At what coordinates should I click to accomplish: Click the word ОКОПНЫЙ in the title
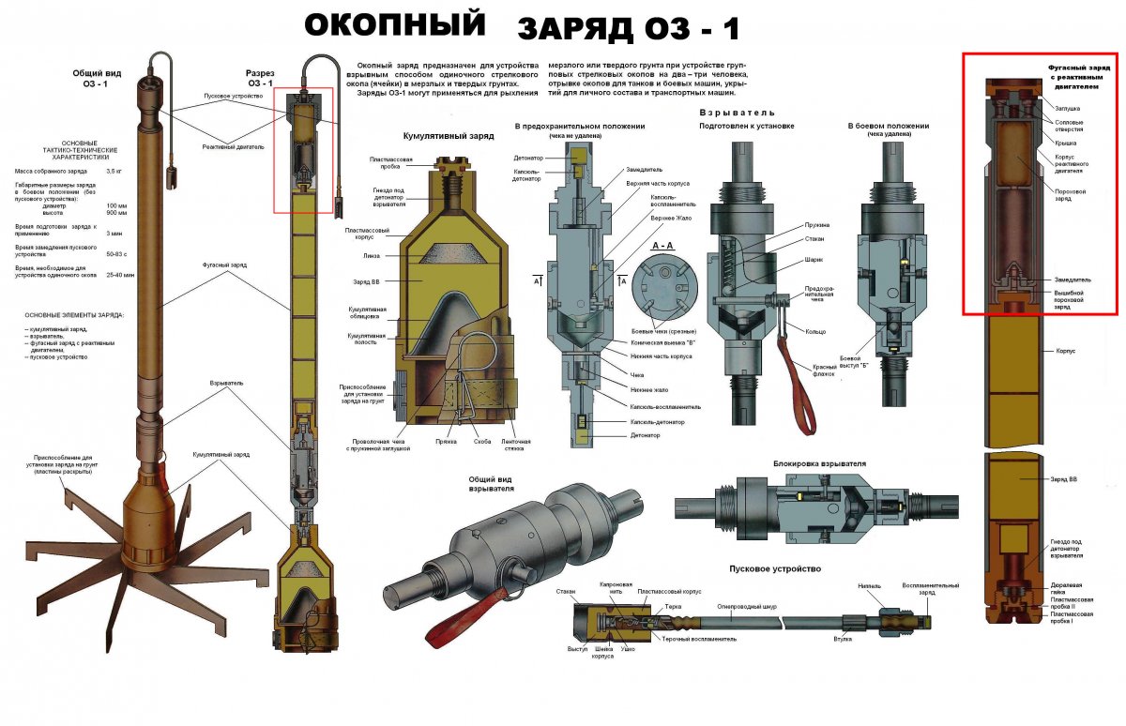pyautogui.click(x=395, y=26)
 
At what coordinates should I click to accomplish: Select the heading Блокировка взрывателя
pyautogui.click(x=819, y=463)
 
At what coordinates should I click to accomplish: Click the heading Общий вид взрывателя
pyautogui.click(x=491, y=484)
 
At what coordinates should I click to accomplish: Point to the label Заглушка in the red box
pyautogui.click(x=1068, y=109)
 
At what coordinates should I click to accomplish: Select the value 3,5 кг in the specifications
pyautogui.click(x=114, y=172)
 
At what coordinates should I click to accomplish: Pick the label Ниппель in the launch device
pyautogui.click(x=869, y=585)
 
